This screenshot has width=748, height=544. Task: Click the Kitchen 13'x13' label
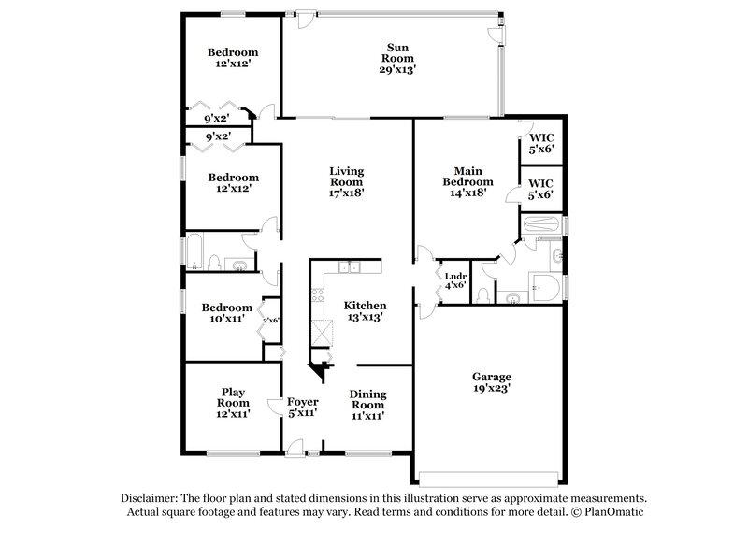(x=365, y=311)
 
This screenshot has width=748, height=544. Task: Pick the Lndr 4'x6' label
(x=455, y=279)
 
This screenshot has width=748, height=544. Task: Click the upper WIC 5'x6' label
(x=541, y=145)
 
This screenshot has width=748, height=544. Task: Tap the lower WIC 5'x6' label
(x=541, y=189)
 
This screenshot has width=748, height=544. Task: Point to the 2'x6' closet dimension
(x=270, y=321)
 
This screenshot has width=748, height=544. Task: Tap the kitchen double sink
(x=350, y=268)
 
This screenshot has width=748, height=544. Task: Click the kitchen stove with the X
(x=324, y=332)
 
